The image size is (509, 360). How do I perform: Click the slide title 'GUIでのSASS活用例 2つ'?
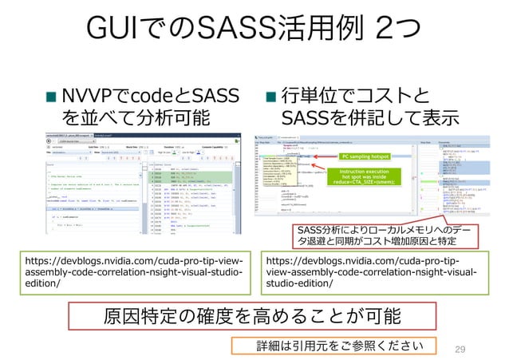click(x=254, y=33)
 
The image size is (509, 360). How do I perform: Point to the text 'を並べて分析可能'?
click(x=136, y=120)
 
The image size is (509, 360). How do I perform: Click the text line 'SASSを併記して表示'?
click(x=371, y=120)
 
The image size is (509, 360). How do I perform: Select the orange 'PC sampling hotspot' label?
click(x=365, y=157)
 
